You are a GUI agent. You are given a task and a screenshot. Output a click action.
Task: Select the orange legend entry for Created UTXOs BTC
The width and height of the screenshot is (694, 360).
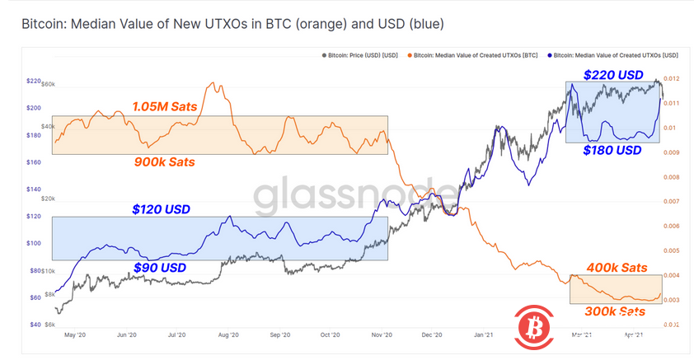tap(479, 55)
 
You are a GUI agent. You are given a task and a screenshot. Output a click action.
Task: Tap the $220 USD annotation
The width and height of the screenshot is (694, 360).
tap(613, 75)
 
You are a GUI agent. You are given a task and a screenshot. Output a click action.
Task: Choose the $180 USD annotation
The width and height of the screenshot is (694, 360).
tap(612, 151)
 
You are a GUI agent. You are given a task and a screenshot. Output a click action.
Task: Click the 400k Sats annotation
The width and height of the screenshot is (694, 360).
tap(617, 268)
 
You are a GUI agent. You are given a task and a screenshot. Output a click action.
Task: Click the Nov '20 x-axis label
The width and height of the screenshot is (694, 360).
tap(382, 335)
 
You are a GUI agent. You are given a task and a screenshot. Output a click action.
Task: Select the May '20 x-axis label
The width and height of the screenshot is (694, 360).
tap(75, 335)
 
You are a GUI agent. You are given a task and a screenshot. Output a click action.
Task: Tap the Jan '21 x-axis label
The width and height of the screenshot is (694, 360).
tap(484, 335)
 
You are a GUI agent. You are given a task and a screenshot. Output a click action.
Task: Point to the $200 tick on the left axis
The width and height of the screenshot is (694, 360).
tap(34, 108)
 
